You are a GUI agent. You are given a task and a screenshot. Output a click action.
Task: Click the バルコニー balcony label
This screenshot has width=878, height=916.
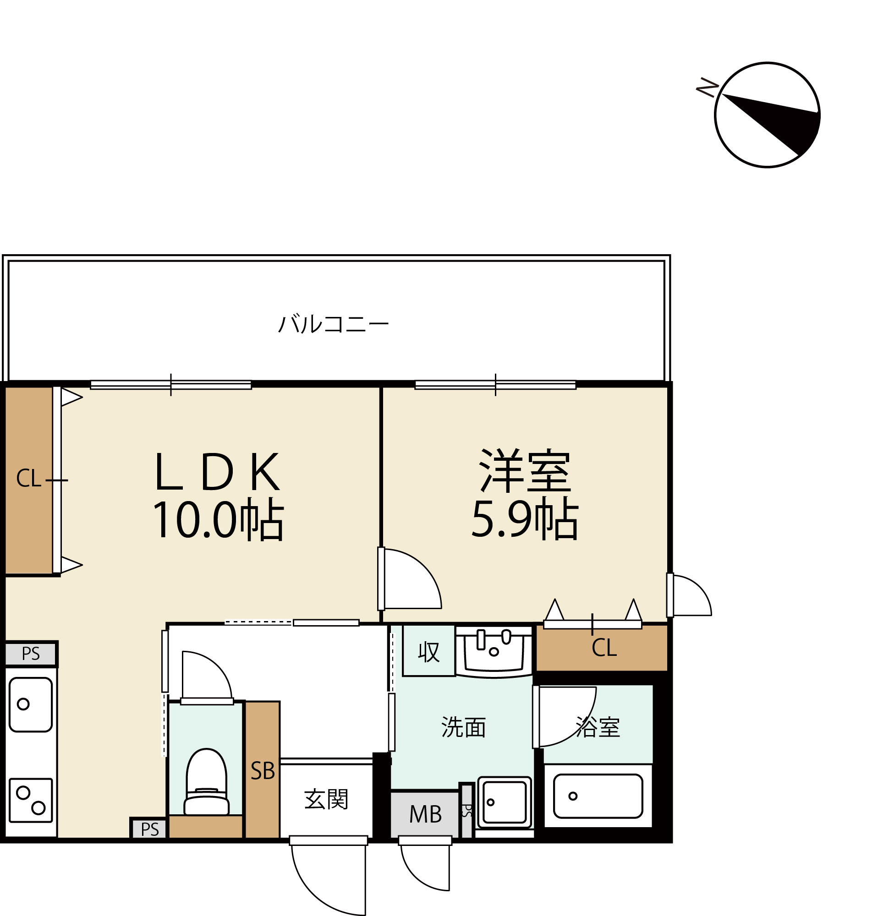[333, 324]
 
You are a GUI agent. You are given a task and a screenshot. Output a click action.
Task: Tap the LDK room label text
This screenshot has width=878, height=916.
[218, 472]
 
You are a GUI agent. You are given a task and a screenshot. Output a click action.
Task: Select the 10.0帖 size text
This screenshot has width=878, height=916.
[218, 520]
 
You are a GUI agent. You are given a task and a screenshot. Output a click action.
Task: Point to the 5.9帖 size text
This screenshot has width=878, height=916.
[525, 519]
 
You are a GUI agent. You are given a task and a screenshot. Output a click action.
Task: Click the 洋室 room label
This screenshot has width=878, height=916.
[525, 471]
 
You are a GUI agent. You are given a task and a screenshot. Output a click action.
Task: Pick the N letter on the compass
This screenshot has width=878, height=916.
[707, 87]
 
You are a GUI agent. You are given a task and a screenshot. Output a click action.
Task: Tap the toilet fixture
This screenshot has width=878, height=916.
[207, 783]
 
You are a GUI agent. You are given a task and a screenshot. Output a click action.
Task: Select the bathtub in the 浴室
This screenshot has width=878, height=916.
[598, 796]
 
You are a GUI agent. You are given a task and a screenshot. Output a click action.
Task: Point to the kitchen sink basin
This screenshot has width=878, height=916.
[31, 704]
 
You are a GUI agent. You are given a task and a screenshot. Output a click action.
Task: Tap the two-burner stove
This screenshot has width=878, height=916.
[31, 800]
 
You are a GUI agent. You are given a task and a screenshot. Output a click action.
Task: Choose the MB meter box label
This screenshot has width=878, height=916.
[425, 815]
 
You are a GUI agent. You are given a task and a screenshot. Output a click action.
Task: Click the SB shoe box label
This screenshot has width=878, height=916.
[263, 771]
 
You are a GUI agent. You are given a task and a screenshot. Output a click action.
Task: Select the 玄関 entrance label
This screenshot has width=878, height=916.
[326, 800]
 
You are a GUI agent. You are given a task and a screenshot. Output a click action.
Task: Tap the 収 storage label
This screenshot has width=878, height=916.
[429, 652]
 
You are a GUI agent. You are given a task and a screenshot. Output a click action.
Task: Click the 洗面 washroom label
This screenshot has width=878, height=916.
[463, 728]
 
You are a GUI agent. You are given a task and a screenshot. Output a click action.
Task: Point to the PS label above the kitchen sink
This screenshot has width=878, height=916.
[31, 654]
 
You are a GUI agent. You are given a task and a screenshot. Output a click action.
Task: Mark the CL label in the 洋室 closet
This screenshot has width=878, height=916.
[604, 648]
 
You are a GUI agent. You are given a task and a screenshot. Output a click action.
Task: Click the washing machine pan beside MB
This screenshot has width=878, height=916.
[505, 802]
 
